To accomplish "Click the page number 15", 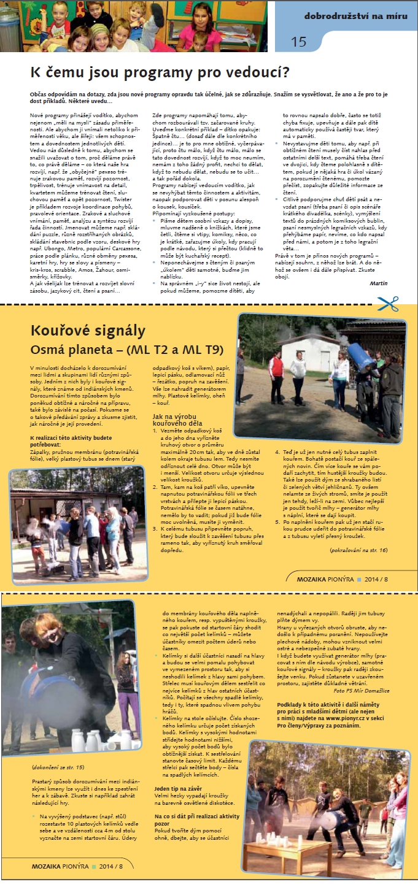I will click(299, 42).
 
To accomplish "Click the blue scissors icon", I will click(388, 303).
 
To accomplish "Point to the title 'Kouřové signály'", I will click(88, 331).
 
